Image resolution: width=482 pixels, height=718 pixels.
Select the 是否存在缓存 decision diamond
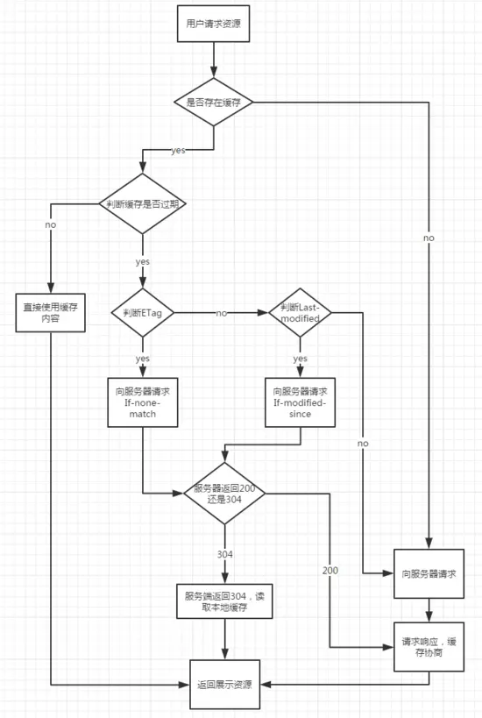pos(214,102)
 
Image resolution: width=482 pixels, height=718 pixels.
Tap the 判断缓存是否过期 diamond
pos(142,203)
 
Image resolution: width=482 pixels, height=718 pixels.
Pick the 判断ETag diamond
pos(142,311)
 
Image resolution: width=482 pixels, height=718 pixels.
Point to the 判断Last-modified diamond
pos(300,311)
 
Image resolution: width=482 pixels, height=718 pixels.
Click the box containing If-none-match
pos(142,402)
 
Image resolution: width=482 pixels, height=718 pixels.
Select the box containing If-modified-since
pos(300,402)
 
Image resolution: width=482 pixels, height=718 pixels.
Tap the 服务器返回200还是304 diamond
pos(224,493)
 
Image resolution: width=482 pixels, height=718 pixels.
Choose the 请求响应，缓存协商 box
pos(429,647)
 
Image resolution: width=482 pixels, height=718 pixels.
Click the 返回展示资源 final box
pos(224,683)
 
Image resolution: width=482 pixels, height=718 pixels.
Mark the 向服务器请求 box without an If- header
pos(429,573)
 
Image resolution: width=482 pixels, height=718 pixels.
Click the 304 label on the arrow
pos(224,554)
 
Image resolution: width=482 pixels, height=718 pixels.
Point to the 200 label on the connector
pos(330,570)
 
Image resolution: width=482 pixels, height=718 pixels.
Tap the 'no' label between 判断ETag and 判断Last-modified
pos(221,312)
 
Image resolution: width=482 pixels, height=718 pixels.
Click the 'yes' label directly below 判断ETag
pos(142,358)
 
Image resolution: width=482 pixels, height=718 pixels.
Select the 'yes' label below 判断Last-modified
pos(300,358)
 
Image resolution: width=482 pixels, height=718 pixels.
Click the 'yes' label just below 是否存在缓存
pos(178,150)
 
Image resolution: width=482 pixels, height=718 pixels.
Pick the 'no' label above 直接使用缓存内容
pos(51,224)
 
